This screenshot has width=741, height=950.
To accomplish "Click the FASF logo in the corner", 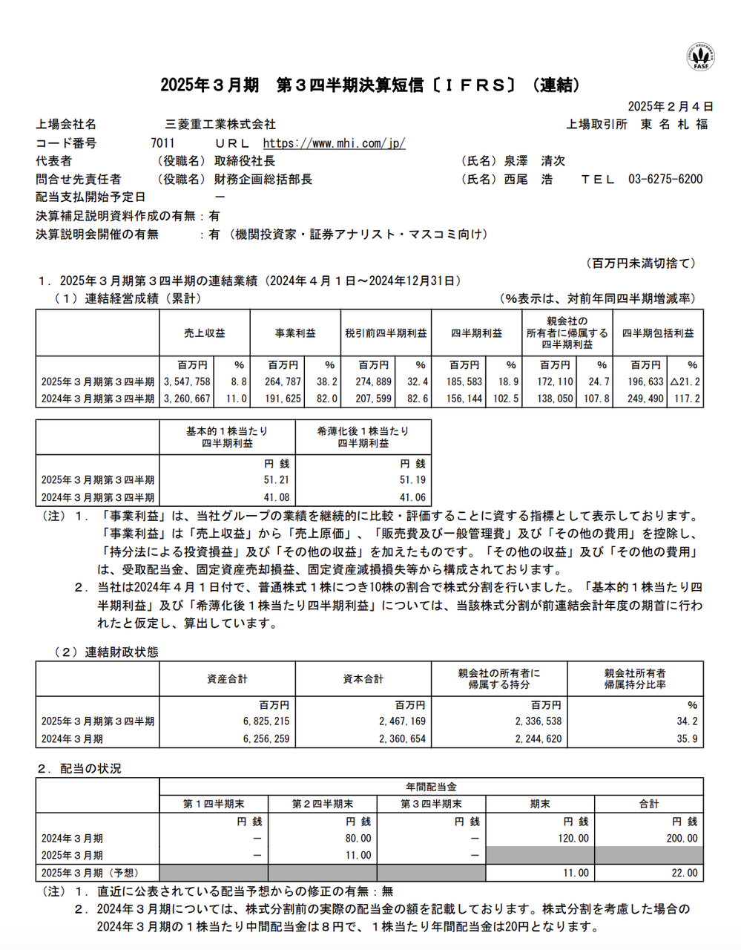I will tap(700, 56).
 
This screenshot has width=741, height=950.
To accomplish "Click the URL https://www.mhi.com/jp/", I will tap(334, 143).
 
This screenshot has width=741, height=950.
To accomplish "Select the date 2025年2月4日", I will tap(670, 107).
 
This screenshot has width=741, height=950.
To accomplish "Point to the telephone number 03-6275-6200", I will tap(665, 179).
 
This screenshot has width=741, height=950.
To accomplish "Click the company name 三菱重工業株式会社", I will tap(220, 125).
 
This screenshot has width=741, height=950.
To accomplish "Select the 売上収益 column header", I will tap(205, 333).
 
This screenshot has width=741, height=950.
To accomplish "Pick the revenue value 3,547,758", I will tap(186, 381).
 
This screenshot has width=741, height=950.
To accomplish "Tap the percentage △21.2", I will tap(685, 381).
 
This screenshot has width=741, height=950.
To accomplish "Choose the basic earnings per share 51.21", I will tap(276, 480).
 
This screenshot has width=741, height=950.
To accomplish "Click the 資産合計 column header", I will tap(227, 679).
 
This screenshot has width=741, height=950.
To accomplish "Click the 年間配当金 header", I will tap(431, 787).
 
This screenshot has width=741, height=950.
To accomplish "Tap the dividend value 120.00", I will tap(573, 838).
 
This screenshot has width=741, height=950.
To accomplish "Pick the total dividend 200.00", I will tap(682, 838).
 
